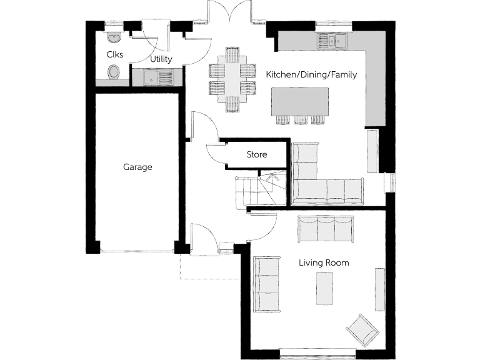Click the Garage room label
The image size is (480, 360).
137,167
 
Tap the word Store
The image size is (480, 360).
256,155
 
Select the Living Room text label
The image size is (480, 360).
323,263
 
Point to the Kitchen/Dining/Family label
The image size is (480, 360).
311,74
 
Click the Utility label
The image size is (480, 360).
161,59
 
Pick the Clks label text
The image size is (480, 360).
115,54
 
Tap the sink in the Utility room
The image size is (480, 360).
152,77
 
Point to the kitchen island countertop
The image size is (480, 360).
300,101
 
